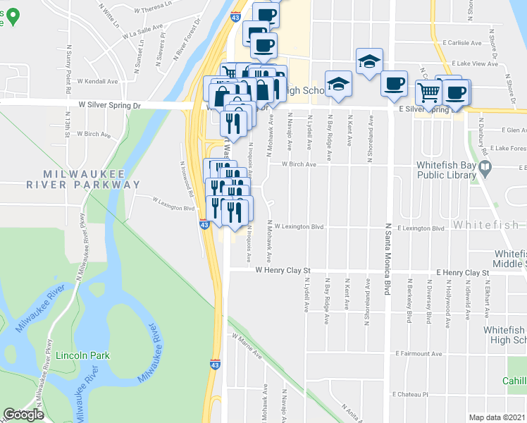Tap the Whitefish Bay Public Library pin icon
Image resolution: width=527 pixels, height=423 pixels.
pos(485,168)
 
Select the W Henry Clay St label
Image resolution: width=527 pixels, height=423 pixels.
pos(283,270)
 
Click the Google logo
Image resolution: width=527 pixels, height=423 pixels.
pos(23,415)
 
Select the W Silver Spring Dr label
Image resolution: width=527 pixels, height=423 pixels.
pos(109,104)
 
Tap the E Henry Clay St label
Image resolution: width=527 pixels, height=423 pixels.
pos(462,272)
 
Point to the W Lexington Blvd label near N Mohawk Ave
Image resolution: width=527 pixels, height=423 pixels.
pos(299,227)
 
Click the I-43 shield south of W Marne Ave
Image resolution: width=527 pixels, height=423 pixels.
pos(214,364)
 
